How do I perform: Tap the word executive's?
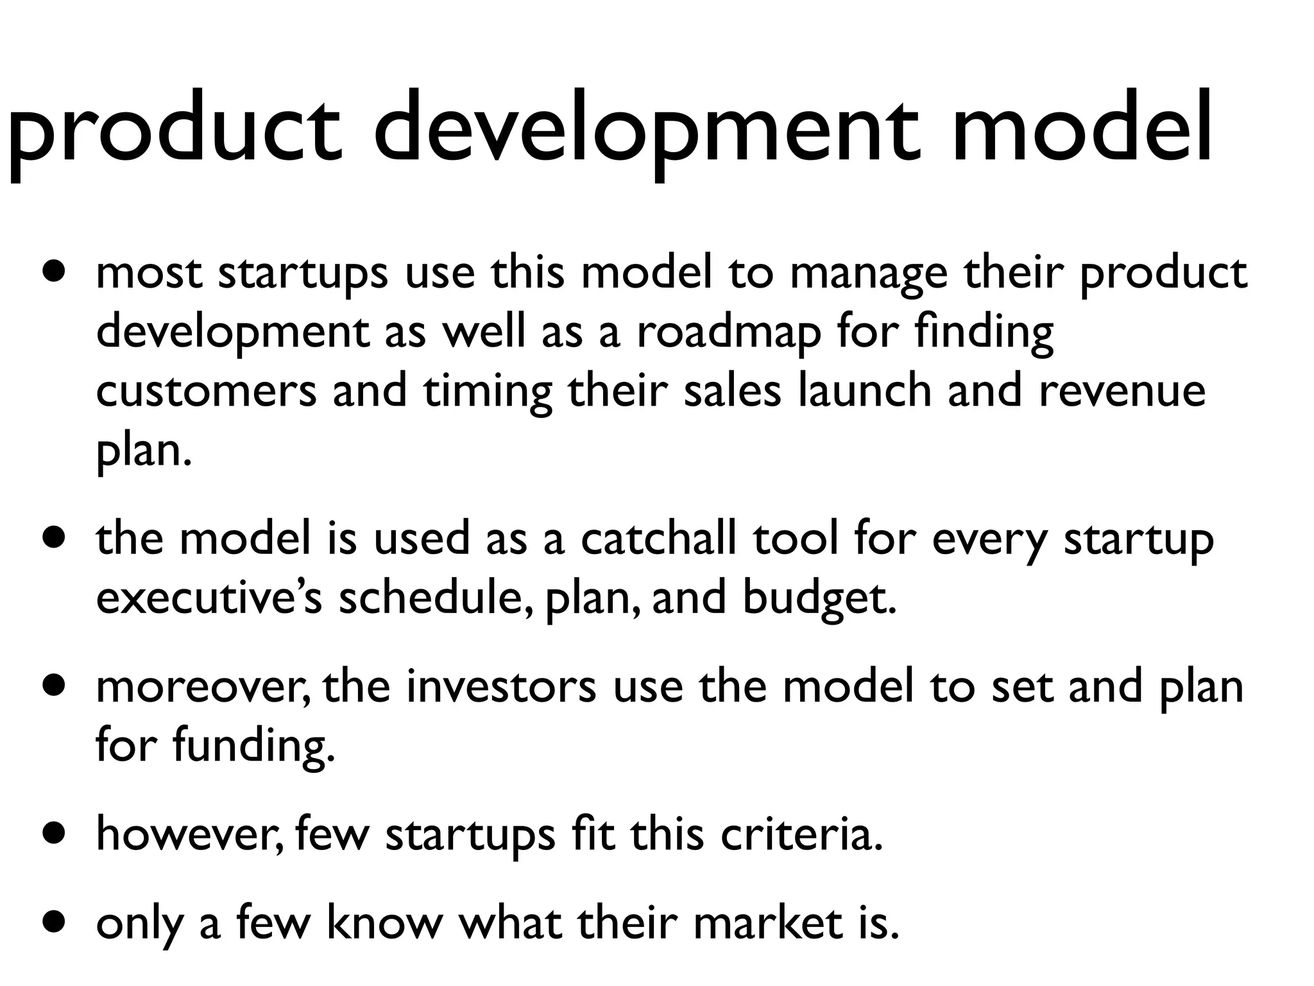click(x=209, y=598)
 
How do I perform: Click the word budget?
click(x=819, y=599)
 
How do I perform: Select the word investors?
click(x=501, y=686)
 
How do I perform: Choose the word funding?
click(x=254, y=747)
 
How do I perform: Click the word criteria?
click(x=802, y=835)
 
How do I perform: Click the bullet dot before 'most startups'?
click(x=55, y=272)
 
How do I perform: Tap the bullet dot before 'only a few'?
click(x=55, y=923)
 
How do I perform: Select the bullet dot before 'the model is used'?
click(x=55, y=538)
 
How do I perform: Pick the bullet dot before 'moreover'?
click(x=55, y=686)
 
